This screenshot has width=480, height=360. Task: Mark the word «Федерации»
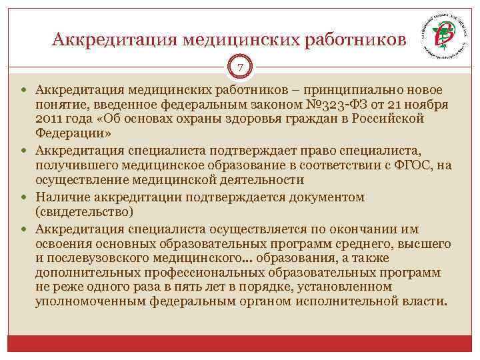tap(71, 133)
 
